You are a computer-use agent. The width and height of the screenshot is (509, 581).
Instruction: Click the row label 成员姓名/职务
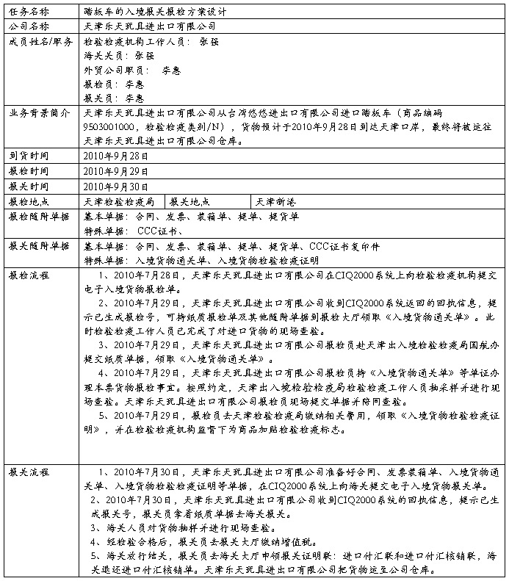pyautogui.click(x=40, y=41)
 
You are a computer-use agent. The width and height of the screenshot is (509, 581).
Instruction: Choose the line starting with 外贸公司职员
pyautogui.click(x=132, y=70)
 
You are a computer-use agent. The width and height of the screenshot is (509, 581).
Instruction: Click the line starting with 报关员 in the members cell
pyautogui.click(x=114, y=98)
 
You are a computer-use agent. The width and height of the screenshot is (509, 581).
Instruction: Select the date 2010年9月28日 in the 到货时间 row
pyautogui.click(x=117, y=156)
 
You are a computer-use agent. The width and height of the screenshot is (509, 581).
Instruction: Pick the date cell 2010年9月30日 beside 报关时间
pyautogui.click(x=117, y=187)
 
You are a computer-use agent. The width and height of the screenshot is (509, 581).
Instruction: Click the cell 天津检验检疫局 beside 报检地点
pyautogui.click(x=120, y=201)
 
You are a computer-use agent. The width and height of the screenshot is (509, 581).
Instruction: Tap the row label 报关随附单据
pyautogui.click(x=40, y=245)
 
